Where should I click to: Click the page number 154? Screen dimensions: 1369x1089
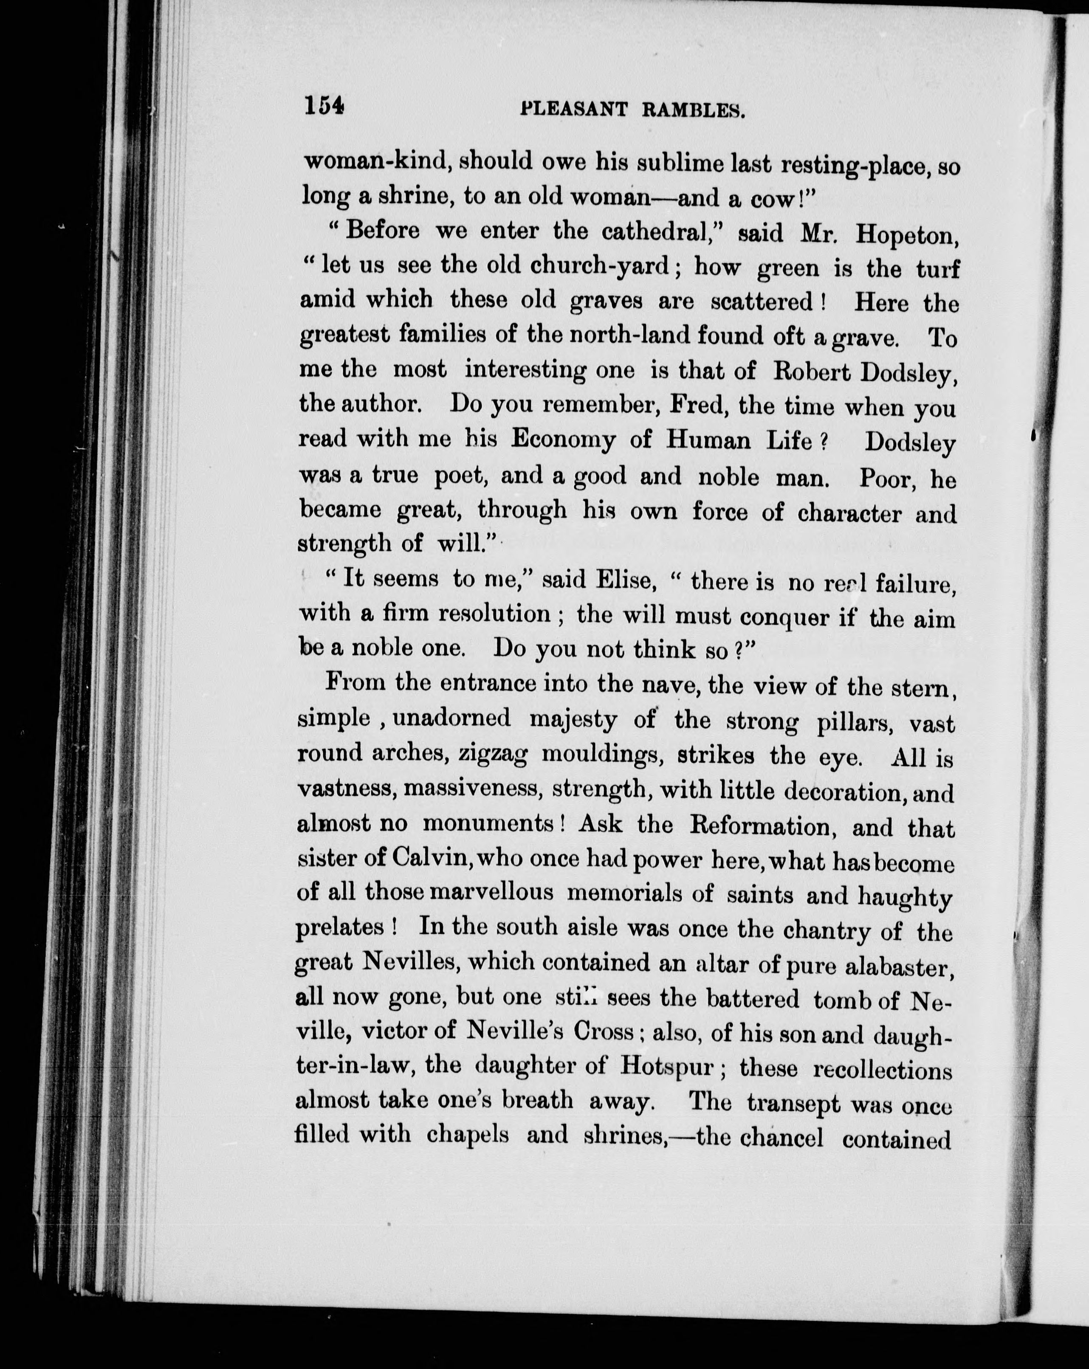(x=324, y=105)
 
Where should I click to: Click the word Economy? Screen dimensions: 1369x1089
(x=563, y=441)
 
